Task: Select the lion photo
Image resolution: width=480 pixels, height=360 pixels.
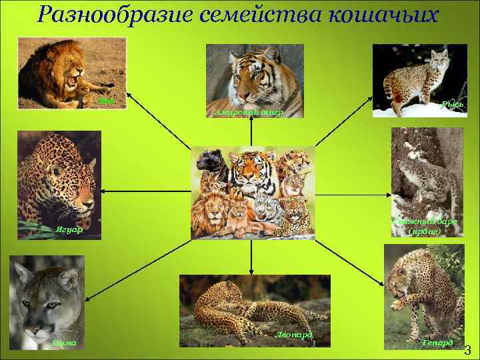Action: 72,73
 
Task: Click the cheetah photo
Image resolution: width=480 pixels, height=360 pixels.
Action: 424,296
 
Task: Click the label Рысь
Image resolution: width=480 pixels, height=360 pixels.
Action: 453,105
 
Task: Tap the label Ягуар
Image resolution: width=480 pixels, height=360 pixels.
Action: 68,230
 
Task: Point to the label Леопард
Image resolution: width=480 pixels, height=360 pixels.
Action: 293,333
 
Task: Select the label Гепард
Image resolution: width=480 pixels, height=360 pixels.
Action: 438,343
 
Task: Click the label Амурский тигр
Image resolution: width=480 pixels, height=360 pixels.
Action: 249,113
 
